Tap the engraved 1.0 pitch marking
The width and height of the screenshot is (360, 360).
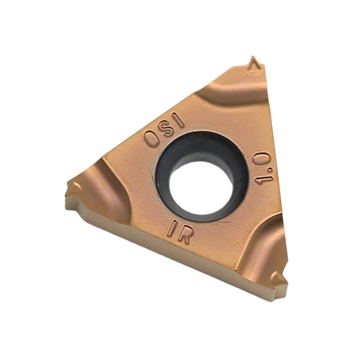point(264,166)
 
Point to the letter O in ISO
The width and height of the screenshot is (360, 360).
point(151,139)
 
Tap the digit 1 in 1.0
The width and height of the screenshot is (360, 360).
point(264,179)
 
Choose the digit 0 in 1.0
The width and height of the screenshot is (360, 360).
point(263,158)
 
